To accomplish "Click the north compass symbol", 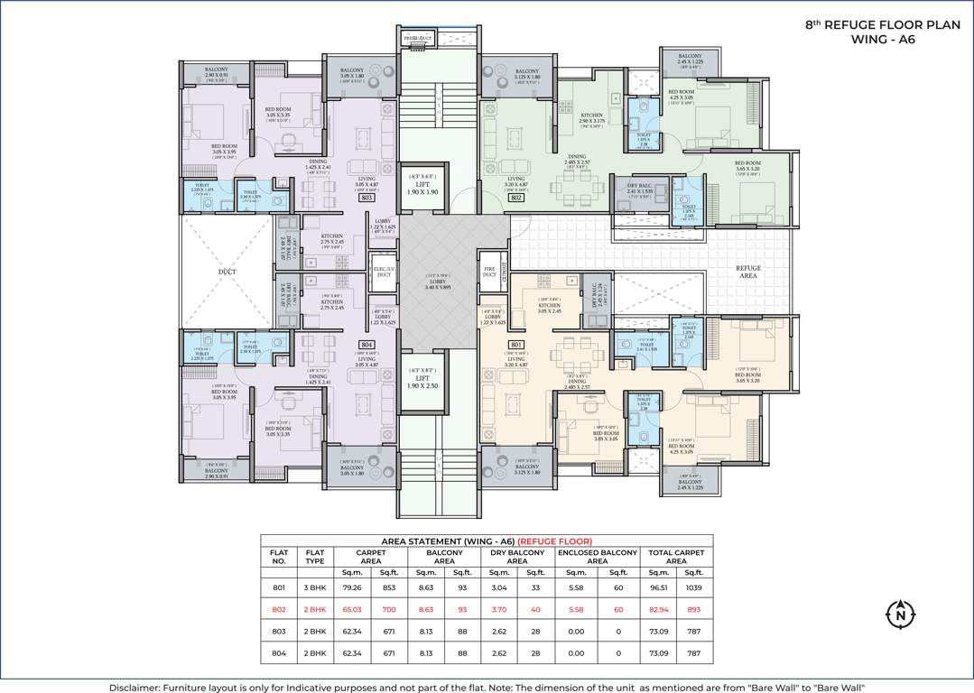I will point(899,614).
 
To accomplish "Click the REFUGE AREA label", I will point(748,272).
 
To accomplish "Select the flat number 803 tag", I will point(366,197).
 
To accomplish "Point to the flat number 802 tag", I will point(516,197).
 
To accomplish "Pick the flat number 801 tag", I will point(516,345).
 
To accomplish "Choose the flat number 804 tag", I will point(366,345).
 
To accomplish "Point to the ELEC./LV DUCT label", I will point(383,272).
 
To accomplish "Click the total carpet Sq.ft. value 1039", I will point(693,587).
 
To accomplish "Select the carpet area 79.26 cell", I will point(353,587).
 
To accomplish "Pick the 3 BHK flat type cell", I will point(314,587).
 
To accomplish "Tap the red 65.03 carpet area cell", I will point(353,609).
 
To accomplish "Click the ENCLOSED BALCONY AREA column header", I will point(597,557).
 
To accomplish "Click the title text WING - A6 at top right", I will point(882,40).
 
